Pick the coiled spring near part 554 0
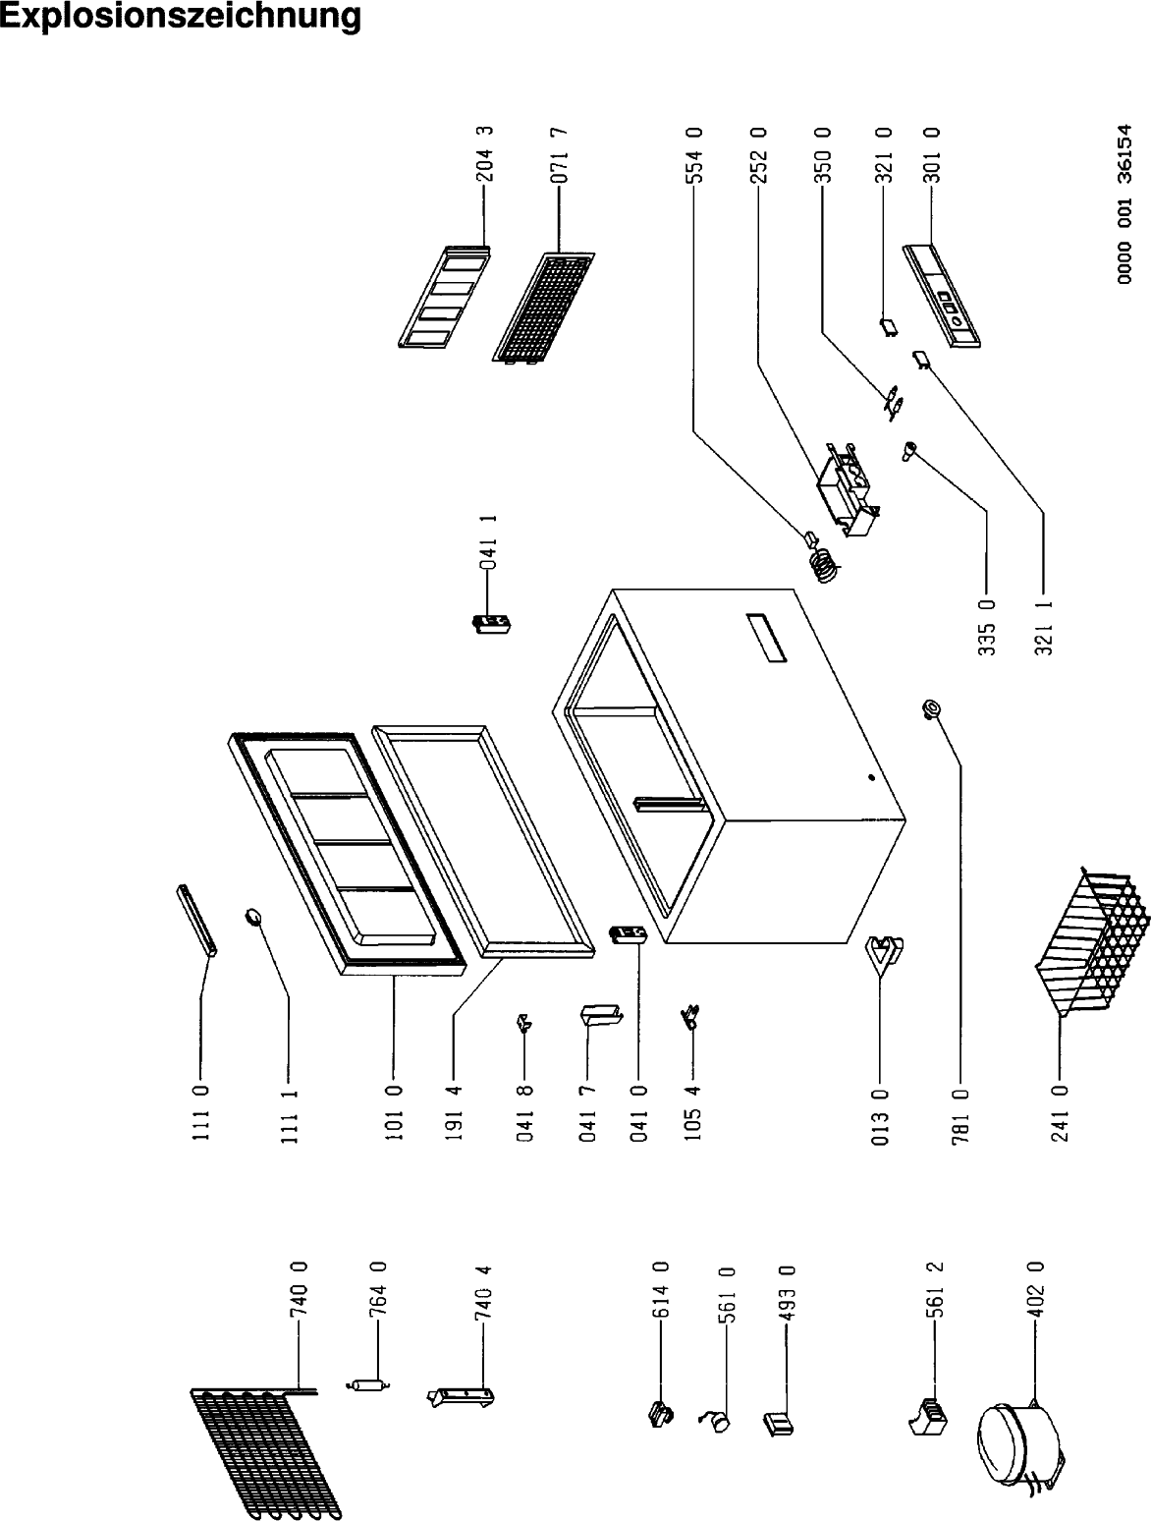coord(826,564)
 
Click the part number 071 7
coord(559,158)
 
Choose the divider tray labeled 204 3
coord(442,296)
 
